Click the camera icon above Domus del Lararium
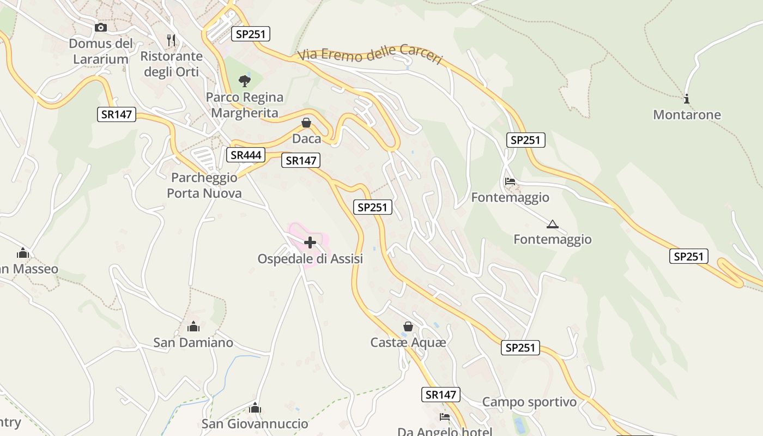101,27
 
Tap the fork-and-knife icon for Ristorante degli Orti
171,40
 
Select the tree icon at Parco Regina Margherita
245,81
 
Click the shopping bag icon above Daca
306,123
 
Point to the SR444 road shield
246,155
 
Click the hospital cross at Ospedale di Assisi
310,242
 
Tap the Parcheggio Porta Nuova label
204,185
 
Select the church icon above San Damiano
193,326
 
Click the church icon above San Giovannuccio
255,408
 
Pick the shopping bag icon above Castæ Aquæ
408,326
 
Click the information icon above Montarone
687,99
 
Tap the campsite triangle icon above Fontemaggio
553,223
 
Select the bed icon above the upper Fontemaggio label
510,181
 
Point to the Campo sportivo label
529,402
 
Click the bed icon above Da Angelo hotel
445,417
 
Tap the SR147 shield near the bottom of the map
441,395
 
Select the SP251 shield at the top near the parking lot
251,34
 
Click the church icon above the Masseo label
23,253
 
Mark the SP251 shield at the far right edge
689,256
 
